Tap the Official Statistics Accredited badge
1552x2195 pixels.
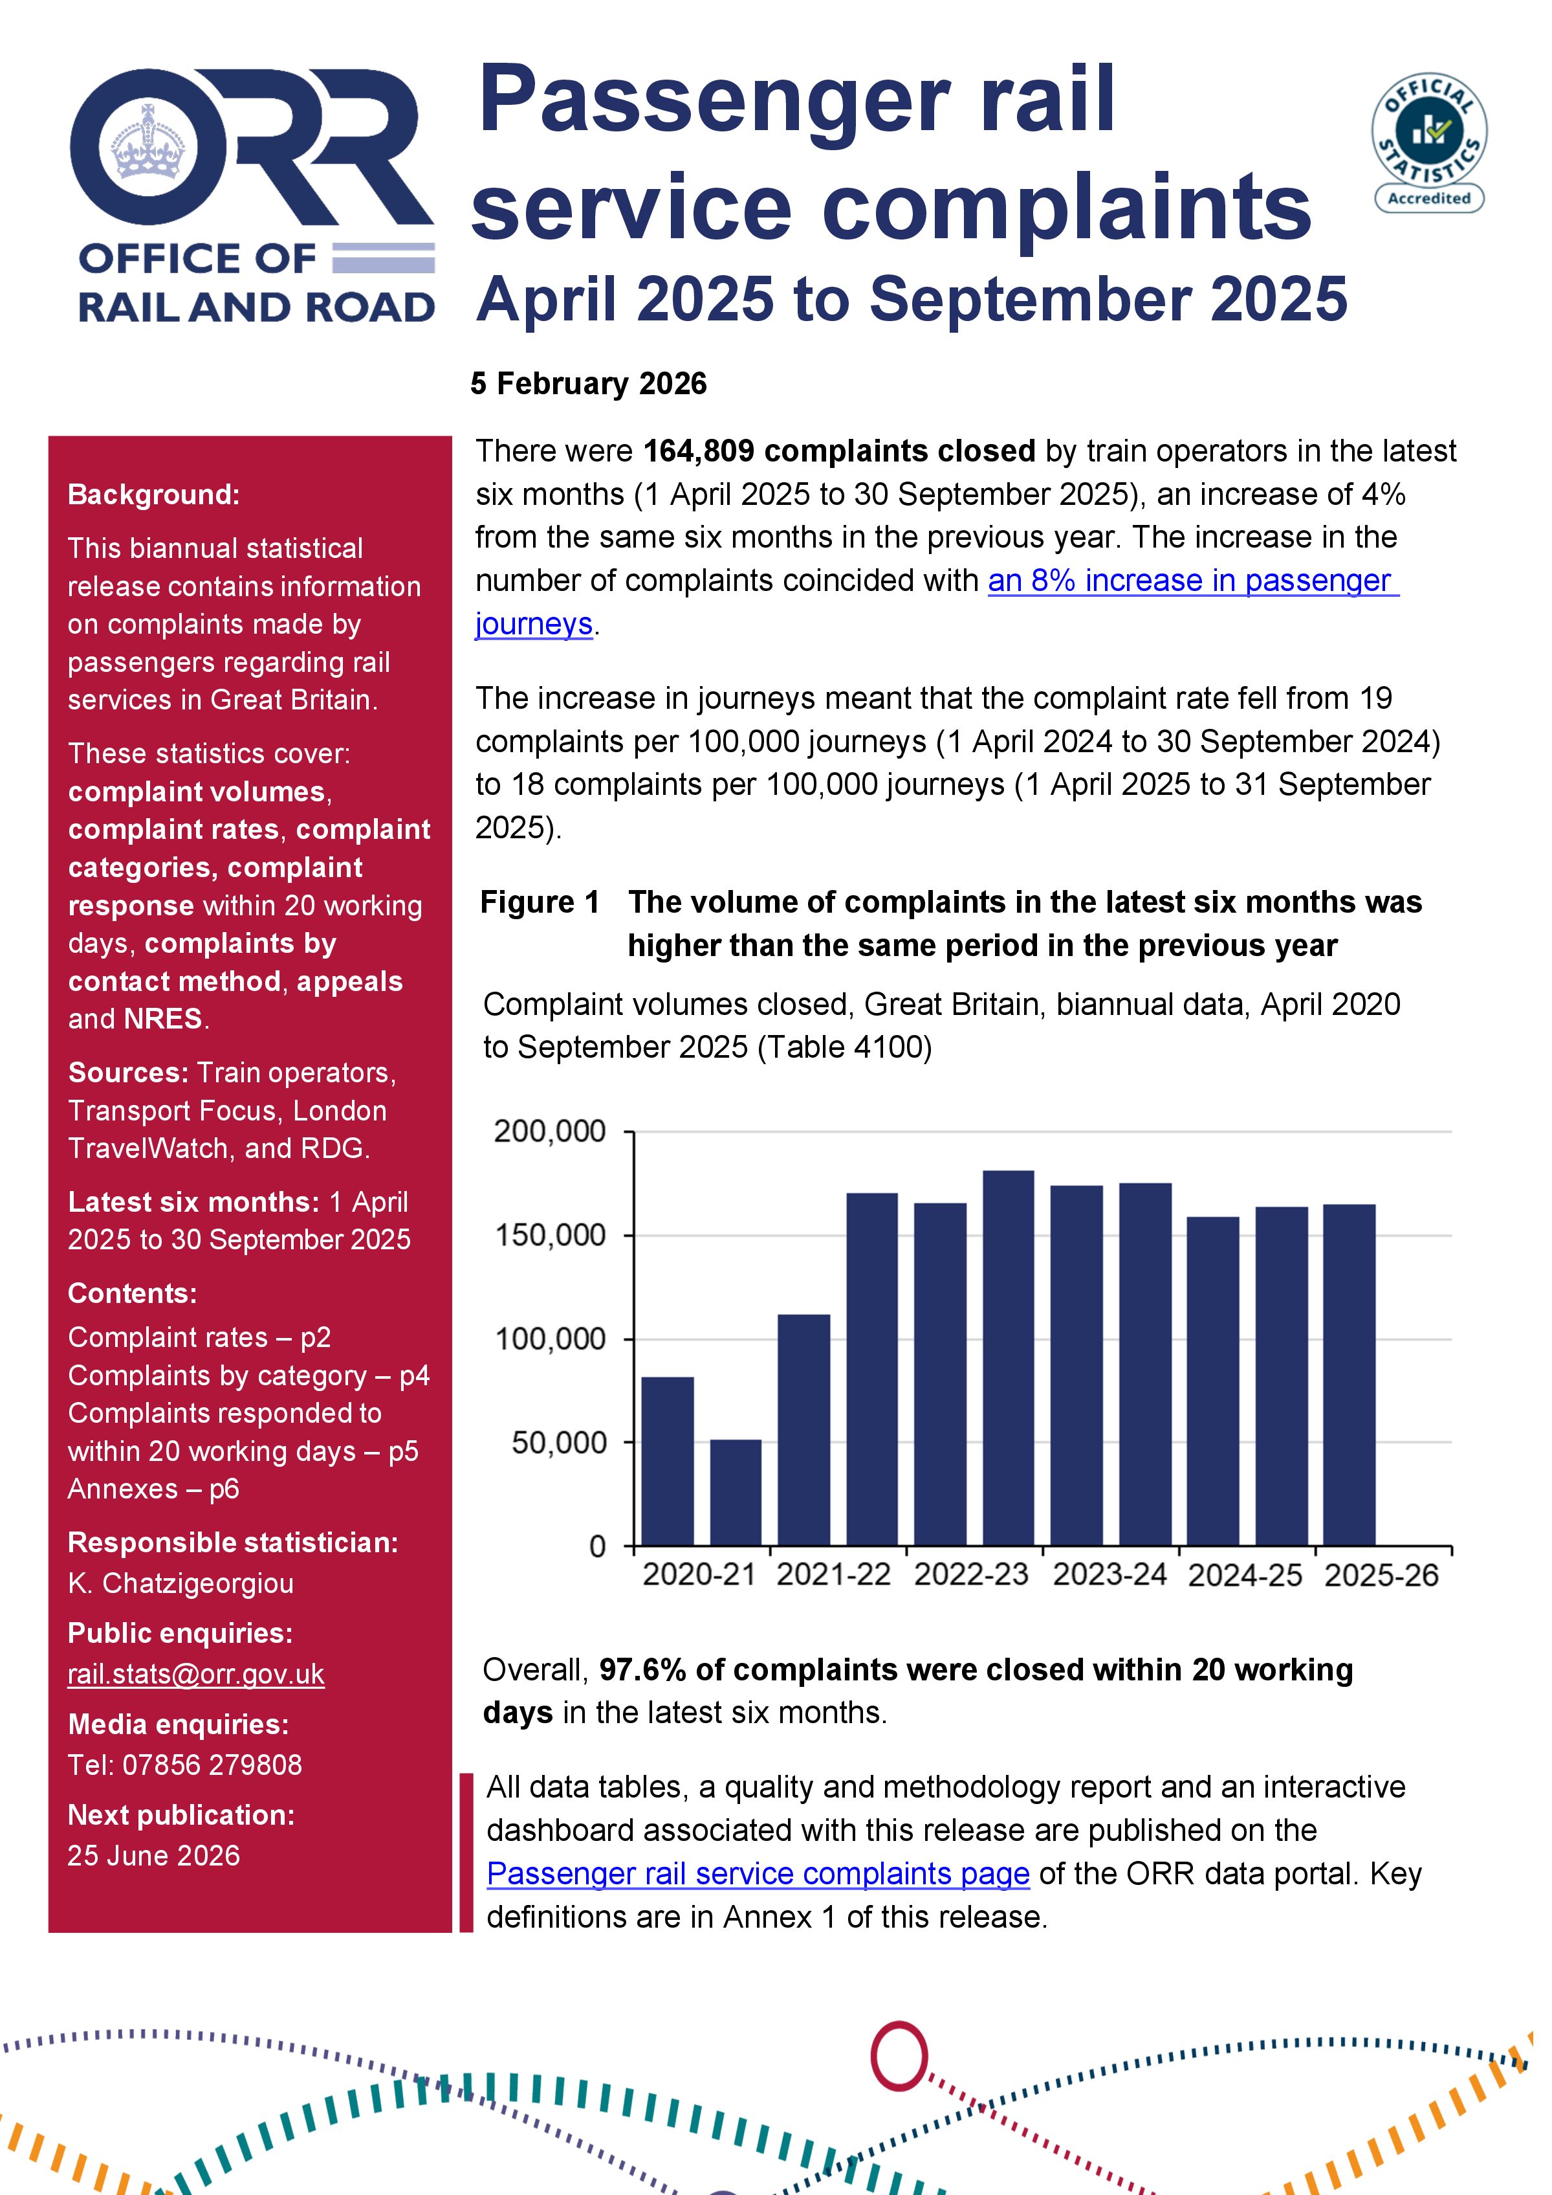tap(1428, 142)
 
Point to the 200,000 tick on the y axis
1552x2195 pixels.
tap(551, 1131)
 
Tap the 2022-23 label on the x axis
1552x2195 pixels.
tap(970, 1574)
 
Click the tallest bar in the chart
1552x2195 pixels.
tap(1008, 1357)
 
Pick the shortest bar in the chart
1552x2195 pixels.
tap(735, 1491)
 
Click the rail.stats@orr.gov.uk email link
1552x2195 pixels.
tap(196, 1674)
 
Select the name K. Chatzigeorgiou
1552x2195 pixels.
tap(180, 1583)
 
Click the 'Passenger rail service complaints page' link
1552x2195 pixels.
tap(758, 1873)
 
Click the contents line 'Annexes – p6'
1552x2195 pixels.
tap(153, 1489)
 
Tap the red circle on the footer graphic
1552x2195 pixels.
tap(899, 2055)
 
